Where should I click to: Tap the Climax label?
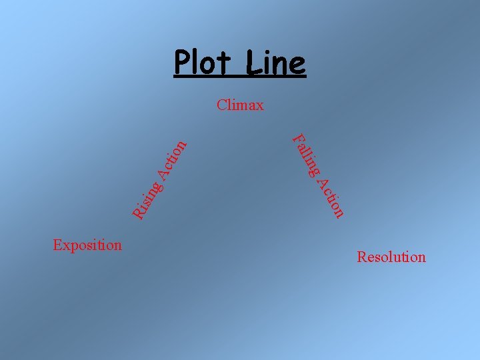pyautogui.click(x=240, y=105)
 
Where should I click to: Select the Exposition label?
pyautogui.click(x=87, y=245)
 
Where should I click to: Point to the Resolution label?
pyautogui.click(x=391, y=257)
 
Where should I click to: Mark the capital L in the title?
pyautogui.click(x=251, y=64)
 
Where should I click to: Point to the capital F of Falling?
pyautogui.click(x=297, y=139)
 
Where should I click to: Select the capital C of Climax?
pyautogui.click(x=221, y=105)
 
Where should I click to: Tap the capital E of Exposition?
pyautogui.click(x=57, y=245)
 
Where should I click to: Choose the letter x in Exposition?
pyautogui.click(x=65, y=245)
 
